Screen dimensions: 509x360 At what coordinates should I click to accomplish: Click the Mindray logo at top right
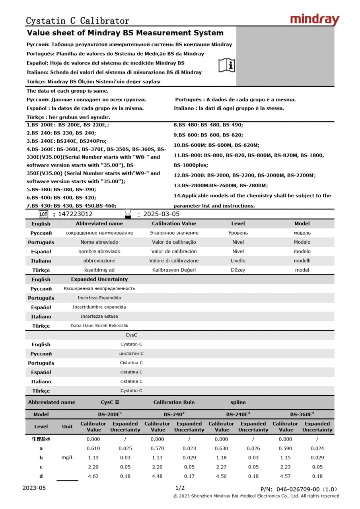pyautogui.click(x=315, y=19)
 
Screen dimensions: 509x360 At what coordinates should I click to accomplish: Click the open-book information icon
pyautogui.click(x=227, y=65)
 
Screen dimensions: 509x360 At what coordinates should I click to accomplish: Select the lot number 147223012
pyautogui.click(x=75, y=214)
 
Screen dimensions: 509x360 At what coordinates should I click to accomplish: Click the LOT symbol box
pyautogui.click(x=43, y=214)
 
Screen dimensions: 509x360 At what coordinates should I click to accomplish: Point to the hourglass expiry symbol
pyautogui.click(x=128, y=214)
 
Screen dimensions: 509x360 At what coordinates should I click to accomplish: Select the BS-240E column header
pyautogui.click(x=238, y=414)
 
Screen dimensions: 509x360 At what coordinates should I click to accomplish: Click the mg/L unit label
pyautogui.click(x=67, y=457)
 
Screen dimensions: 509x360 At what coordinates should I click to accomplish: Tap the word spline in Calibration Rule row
pyautogui.click(x=238, y=402)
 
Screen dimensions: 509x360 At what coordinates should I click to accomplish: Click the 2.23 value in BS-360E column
pyautogui.click(x=285, y=467)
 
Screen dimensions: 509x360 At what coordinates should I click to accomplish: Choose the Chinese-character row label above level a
pyautogui.click(x=41, y=439)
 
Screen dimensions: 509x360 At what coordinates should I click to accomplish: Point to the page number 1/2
pyautogui.click(x=180, y=488)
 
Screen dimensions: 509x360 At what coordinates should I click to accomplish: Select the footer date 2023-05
pyautogui.click(x=34, y=488)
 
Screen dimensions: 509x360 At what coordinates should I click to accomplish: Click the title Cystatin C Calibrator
pyautogui.click(x=78, y=21)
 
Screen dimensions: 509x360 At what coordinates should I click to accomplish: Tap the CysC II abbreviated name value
pyautogui.click(x=110, y=402)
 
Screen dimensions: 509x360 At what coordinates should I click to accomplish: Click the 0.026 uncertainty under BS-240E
pyautogui.click(x=253, y=448)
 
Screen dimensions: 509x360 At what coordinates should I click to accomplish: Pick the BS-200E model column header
pyautogui.click(x=110, y=414)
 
